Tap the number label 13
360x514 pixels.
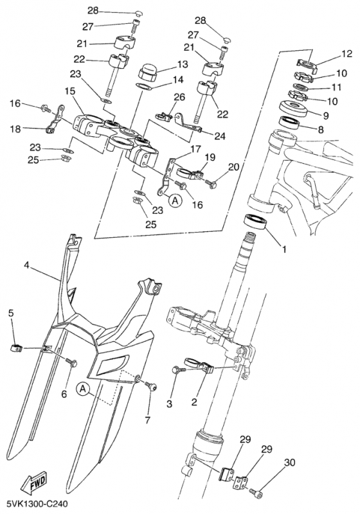point(182,64)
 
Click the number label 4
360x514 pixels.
point(27,265)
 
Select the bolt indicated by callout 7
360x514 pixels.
point(149,385)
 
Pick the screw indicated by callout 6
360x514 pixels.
point(71,361)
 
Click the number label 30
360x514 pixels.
point(289,463)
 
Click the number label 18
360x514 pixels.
point(15,129)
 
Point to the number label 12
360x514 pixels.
point(346,53)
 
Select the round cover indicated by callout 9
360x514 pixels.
point(292,109)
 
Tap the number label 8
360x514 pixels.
point(321,130)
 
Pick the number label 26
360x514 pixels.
point(179,97)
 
